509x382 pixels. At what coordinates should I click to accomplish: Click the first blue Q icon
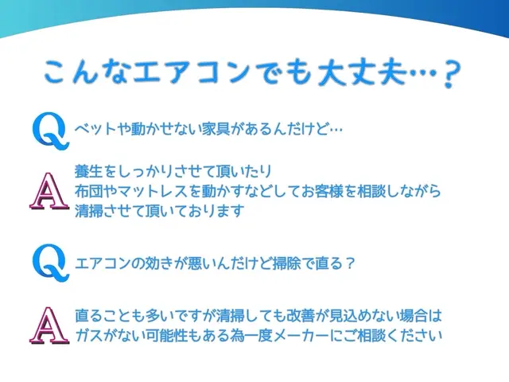(x=49, y=129)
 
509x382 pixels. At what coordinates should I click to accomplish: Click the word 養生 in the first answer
(x=87, y=172)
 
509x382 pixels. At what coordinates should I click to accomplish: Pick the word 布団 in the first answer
(x=87, y=192)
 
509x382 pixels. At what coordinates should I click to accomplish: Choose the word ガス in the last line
(x=87, y=334)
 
